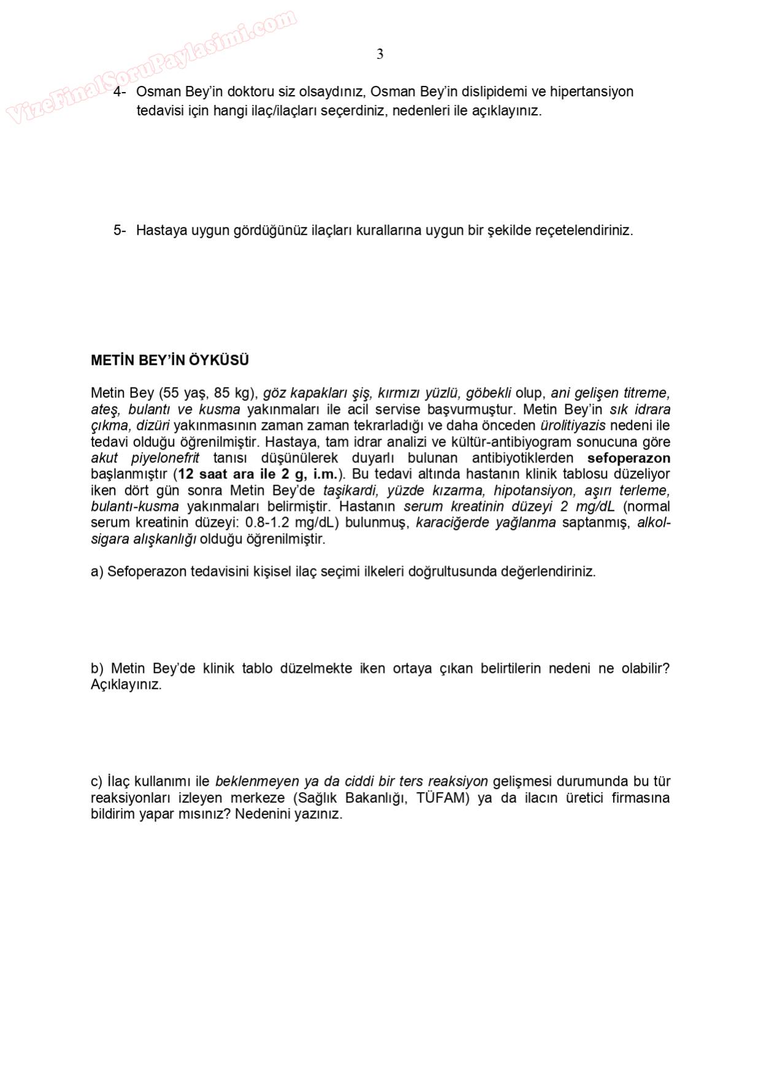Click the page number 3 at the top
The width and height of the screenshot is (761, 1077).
tap(380, 55)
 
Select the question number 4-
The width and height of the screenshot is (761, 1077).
tap(120, 91)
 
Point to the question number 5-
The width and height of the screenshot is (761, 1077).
tap(120, 230)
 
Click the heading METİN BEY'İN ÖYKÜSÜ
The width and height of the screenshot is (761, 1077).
tap(170, 360)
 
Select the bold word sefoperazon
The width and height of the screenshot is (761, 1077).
tap(628, 458)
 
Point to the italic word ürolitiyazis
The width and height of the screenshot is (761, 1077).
tap(573, 426)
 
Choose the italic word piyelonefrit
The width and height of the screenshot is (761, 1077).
tap(165, 458)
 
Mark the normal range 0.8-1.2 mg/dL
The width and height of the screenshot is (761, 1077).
tap(293, 523)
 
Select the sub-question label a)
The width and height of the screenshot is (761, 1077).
tap(97, 572)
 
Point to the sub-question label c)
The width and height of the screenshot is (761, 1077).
tap(97, 782)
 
